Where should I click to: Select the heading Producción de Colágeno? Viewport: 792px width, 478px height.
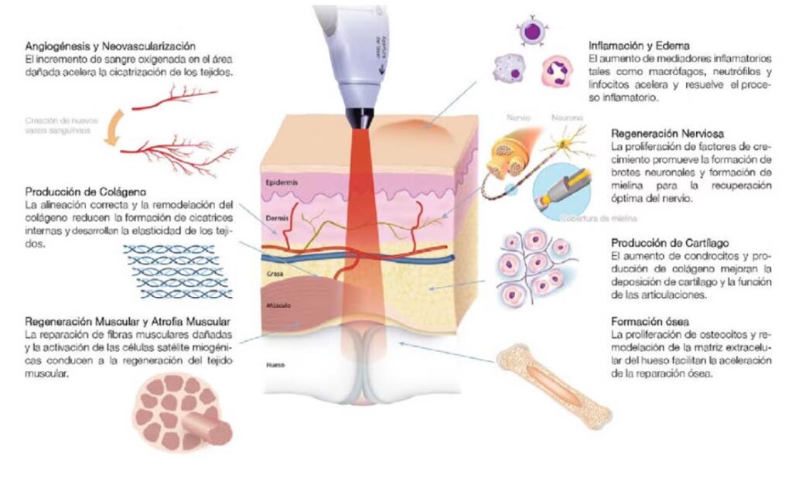coord(85,192)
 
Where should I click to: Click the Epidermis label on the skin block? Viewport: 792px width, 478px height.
coord(282,183)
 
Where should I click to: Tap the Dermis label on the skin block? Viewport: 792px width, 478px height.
coord(278,219)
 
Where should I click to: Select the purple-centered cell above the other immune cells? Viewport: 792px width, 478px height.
coord(532,31)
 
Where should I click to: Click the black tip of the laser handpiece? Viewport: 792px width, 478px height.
coord(357,119)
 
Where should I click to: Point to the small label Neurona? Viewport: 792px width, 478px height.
coord(563,118)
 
